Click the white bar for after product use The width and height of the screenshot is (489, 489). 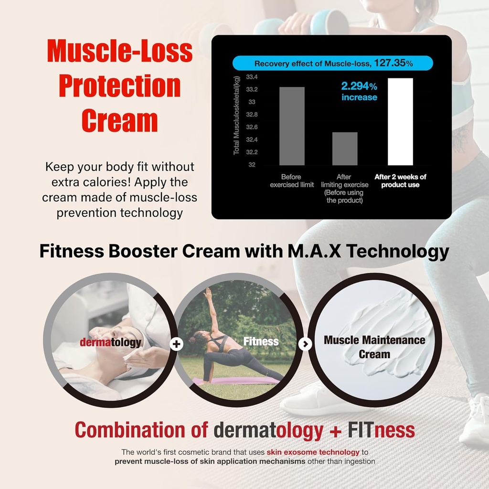(400, 122)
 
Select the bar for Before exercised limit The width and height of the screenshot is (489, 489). (292, 126)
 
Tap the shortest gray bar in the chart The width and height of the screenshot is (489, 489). (345, 149)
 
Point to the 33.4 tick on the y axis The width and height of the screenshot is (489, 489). (251, 77)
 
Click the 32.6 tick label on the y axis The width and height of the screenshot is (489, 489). (251, 128)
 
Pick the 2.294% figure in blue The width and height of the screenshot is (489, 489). (359, 86)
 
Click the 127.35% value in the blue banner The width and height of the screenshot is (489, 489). (393, 63)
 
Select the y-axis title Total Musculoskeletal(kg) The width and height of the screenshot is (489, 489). (236, 115)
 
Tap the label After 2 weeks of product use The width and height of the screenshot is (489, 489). (400, 181)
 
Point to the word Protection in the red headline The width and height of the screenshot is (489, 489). (119, 86)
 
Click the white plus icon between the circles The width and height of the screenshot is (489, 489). (177, 343)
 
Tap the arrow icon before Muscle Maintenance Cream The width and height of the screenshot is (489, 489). (306, 343)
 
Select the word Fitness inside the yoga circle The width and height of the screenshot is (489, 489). (261, 341)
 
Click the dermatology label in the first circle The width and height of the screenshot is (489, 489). (110, 342)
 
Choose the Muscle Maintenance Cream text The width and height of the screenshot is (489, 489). (374, 347)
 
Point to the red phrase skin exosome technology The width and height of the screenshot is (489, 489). (313, 452)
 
